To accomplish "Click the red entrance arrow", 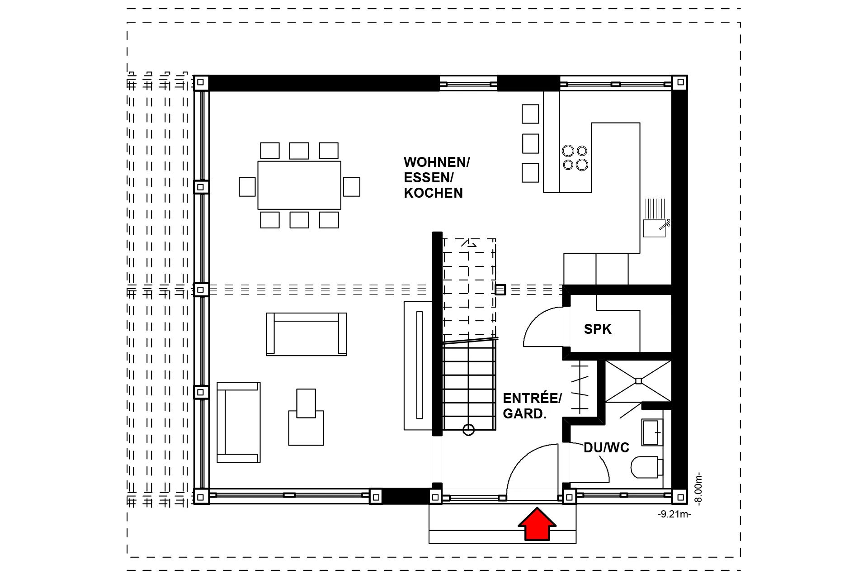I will [x=537, y=524].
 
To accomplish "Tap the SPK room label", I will [x=597, y=329].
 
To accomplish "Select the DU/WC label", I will [x=606, y=448].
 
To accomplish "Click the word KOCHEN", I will [x=433, y=193].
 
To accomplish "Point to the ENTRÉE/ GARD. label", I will [x=532, y=406].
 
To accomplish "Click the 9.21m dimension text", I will [x=674, y=514].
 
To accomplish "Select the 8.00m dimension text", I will [x=698, y=489].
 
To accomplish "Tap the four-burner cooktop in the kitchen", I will [x=575, y=157].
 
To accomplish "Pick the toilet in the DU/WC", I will [x=645, y=467].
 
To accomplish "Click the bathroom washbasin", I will [x=652, y=432].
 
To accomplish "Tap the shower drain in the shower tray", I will [x=638, y=381].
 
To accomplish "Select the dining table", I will [x=299, y=185].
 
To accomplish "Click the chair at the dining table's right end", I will [x=351, y=186].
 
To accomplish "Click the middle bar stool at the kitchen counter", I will [x=530, y=143].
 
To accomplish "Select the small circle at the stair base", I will [x=468, y=430].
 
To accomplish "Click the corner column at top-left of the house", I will [x=201, y=83].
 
